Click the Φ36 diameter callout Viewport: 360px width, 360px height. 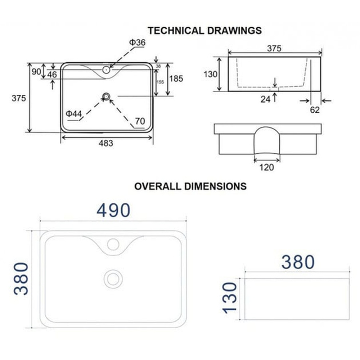137,42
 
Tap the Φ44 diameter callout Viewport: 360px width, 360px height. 74,114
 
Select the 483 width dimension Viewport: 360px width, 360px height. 106,143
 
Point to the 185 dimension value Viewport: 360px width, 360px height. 176,78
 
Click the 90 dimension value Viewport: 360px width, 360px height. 36,72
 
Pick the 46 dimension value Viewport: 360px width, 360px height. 52,75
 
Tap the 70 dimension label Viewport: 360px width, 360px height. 140,121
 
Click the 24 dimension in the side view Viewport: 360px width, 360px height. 265,99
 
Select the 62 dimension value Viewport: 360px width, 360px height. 315,110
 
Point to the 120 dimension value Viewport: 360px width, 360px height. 266,167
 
